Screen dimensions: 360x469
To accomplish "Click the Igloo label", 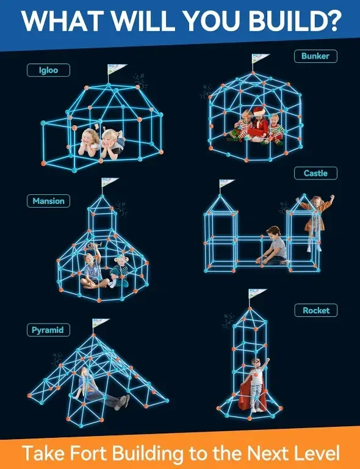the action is point(48,70).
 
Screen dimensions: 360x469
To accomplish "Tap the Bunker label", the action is point(315,56).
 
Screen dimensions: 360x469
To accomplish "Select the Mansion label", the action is point(48,201).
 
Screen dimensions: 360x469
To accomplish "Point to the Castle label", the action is point(315,173).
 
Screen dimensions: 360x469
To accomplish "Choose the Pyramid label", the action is point(48,330).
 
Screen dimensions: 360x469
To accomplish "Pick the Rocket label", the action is point(316,310).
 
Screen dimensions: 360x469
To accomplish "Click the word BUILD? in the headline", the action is point(295,21).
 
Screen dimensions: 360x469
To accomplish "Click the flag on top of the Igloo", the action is point(117,69).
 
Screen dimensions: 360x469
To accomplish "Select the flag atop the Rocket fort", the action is point(257,293).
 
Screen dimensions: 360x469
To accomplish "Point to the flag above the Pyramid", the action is point(101,322).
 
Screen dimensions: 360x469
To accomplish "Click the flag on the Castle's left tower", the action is point(226,183).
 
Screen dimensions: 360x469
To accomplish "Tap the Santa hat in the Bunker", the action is point(259,111).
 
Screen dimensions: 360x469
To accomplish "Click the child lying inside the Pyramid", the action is point(100,389).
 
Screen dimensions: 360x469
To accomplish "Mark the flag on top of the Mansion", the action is point(110,181).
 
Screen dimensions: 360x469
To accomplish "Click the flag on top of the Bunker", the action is point(260,58).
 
